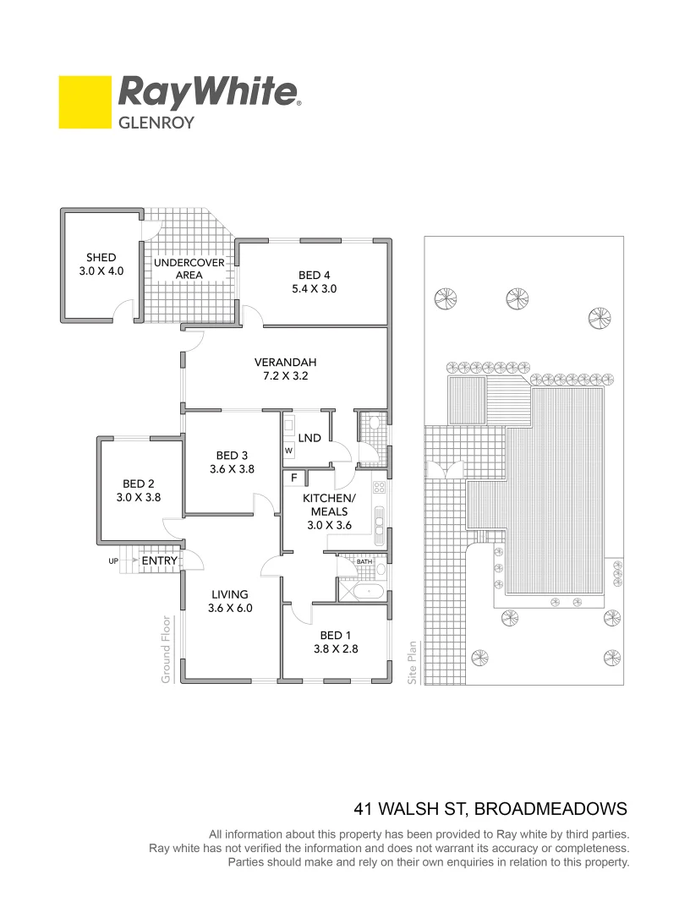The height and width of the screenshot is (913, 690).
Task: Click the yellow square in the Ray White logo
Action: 85,102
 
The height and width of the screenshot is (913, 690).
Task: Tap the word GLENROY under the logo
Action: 156,123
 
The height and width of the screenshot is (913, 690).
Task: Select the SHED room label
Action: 101,258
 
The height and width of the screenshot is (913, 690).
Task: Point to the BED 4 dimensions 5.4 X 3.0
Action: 309,288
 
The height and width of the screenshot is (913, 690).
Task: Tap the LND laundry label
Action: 309,438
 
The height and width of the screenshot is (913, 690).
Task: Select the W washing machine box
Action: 288,451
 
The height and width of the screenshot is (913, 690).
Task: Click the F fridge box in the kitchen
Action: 293,478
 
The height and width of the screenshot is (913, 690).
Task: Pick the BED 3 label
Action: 232,454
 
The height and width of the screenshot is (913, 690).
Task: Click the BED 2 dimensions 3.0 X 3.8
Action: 138,498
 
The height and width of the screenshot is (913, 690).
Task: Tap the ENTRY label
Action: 159,560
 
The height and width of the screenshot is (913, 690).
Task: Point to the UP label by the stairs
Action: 113,560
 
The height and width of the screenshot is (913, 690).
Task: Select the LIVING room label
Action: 230,594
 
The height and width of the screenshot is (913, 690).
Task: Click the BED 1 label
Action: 331,636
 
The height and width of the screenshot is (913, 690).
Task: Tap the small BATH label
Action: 364,561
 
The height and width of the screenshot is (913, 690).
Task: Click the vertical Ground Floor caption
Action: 167,649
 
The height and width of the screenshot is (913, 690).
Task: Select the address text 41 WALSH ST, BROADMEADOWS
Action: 490,808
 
